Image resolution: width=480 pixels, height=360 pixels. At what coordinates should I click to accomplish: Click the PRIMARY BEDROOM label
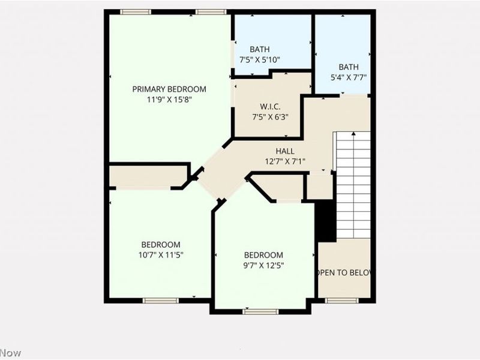point(169,89)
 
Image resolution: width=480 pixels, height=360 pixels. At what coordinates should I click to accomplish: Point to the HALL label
point(285,151)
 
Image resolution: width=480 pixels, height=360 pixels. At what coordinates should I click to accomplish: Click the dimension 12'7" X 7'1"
point(285,161)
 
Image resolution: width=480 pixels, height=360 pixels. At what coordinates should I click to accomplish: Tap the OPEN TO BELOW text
point(344,272)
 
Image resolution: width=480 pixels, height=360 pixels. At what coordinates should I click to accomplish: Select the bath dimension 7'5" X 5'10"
point(260,59)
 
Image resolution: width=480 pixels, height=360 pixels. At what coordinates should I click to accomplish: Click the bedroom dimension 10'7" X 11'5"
point(161,254)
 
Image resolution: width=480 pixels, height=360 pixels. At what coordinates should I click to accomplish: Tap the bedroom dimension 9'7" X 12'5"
point(263,265)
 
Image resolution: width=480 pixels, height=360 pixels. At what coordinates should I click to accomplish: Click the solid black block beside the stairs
point(325,221)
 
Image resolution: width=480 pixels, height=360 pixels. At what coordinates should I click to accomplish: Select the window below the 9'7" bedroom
point(260,311)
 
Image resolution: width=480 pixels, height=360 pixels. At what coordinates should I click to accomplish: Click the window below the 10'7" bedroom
point(161,300)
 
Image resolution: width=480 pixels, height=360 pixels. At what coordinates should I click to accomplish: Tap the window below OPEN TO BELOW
point(342,300)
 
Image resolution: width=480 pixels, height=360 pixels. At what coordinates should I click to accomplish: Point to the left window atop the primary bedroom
point(135,12)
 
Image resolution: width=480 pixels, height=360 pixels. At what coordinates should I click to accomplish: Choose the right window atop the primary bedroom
point(211,12)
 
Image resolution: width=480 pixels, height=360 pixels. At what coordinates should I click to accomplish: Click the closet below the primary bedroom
point(148,176)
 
